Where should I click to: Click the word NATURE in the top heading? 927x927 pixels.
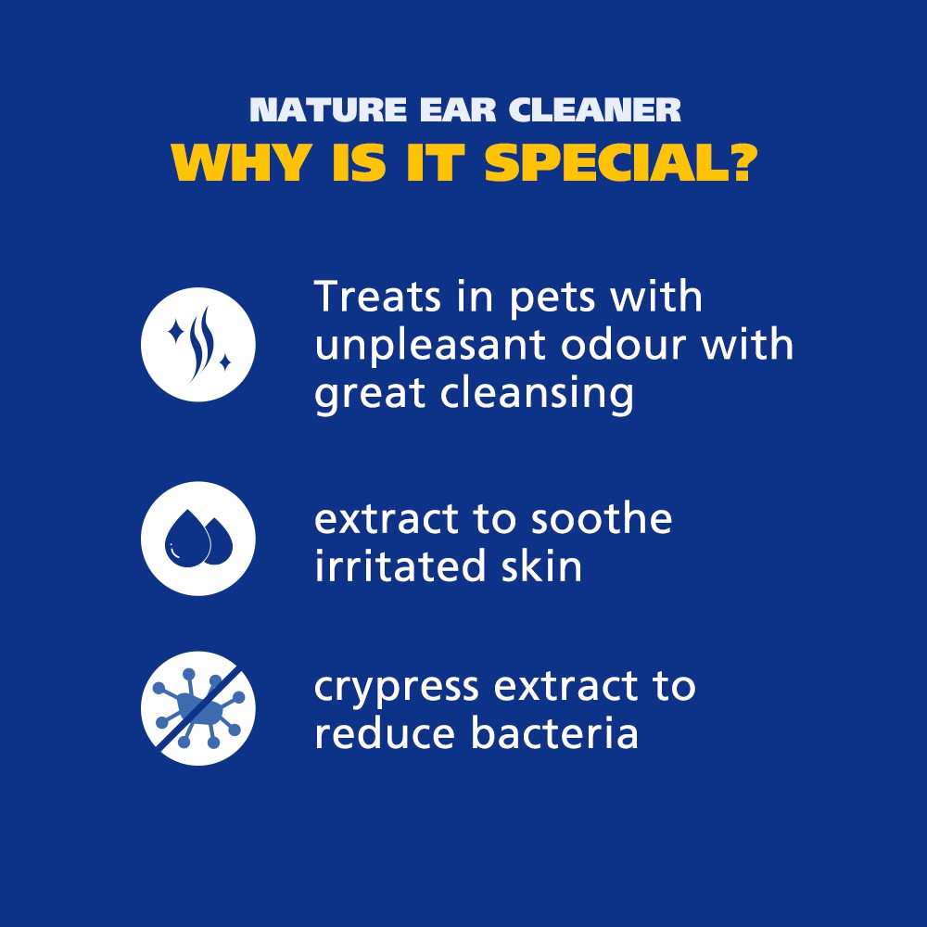pyautogui.click(x=328, y=110)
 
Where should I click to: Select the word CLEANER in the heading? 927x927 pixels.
pyautogui.click(x=595, y=110)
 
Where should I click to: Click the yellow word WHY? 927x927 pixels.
pyautogui.click(x=241, y=162)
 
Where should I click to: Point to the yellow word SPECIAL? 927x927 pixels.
pyautogui.click(x=621, y=162)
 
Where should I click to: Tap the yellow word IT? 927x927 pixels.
pyautogui.click(x=434, y=162)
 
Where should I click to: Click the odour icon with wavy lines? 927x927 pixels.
pyautogui.click(x=198, y=345)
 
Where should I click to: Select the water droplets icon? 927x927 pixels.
pyautogui.click(x=198, y=539)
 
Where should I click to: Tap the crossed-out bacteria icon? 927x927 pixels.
pyautogui.click(x=198, y=708)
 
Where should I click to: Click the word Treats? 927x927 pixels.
pyautogui.click(x=377, y=297)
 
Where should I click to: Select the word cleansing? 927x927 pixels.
pyautogui.click(x=537, y=394)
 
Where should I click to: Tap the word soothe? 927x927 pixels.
pyautogui.click(x=602, y=518)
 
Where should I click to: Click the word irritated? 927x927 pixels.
pyautogui.click(x=400, y=565)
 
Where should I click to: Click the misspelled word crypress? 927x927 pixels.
pyautogui.click(x=396, y=689)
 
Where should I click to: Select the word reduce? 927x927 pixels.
pyautogui.click(x=386, y=733)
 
